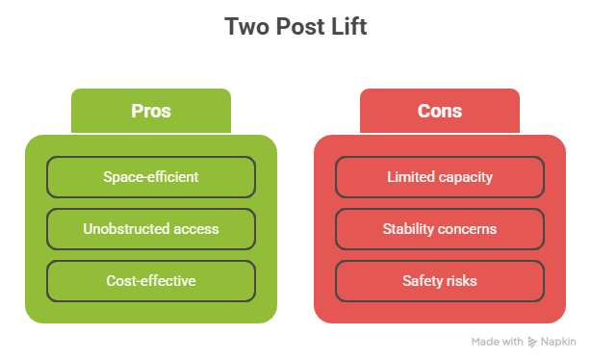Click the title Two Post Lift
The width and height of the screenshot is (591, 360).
click(295, 26)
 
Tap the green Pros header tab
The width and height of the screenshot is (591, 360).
click(151, 111)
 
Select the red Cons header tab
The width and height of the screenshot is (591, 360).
click(439, 111)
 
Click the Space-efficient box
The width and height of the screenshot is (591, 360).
click(151, 177)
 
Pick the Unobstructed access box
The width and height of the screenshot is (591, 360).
click(151, 229)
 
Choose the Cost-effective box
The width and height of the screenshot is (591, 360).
click(151, 281)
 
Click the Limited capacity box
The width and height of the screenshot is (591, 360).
click(439, 177)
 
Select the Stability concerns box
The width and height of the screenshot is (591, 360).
click(439, 229)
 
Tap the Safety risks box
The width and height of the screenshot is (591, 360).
click(439, 281)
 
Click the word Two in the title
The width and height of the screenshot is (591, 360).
click(244, 26)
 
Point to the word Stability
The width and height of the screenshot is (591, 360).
click(409, 229)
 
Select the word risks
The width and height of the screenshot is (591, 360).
click(459, 281)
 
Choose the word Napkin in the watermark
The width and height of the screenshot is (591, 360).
click(559, 342)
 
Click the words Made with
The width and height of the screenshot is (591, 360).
click(498, 342)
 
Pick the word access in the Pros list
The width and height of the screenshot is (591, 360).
click(195, 229)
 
